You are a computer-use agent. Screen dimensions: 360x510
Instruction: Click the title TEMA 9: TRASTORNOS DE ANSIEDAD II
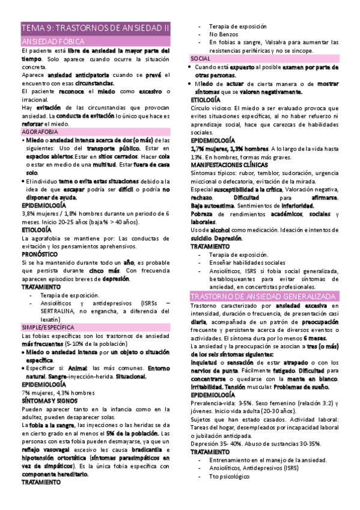click(96, 28)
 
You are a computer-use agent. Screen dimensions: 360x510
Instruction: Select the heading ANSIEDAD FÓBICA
click(52, 41)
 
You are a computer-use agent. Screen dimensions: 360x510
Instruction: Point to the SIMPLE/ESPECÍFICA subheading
click(49, 327)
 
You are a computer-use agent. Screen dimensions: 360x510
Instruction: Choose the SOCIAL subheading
click(200, 59)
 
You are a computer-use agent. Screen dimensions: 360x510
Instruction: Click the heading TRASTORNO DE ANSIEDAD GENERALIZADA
click(263, 297)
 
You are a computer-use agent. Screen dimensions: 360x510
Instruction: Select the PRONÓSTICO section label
click(40, 254)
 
